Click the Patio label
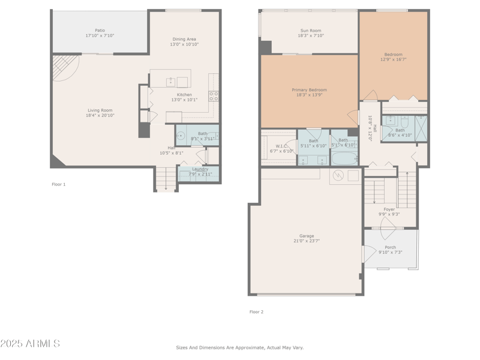click(x=100, y=30)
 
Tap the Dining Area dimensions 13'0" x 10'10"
click(x=184, y=44)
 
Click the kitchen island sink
click(x=171, y=82)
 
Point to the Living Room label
click(x=100, y=110)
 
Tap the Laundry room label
click(x=200, y=169)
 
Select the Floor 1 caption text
click(x=59, y=184)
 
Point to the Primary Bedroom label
click(x=310, y=90)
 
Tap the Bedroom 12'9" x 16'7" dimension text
click(x=393, y=59)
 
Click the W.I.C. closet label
click(x=281, y=146)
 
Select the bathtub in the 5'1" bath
click(x=344, y=159)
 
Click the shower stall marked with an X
click(x=421, y=128)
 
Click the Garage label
click(x=307, y=236)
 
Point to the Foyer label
click(x=389, y=209)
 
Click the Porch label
click(x=390, y=247)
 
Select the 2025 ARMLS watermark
click(x=30, y=344)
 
